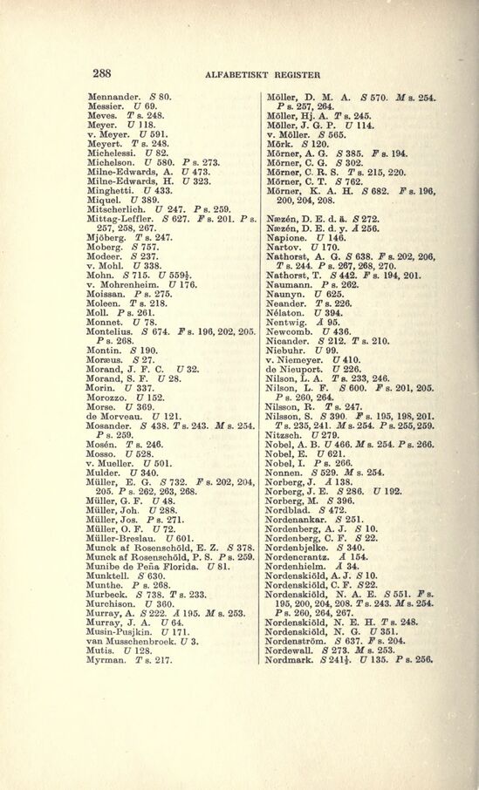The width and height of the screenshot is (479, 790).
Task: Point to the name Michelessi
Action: (x=113, y=152)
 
